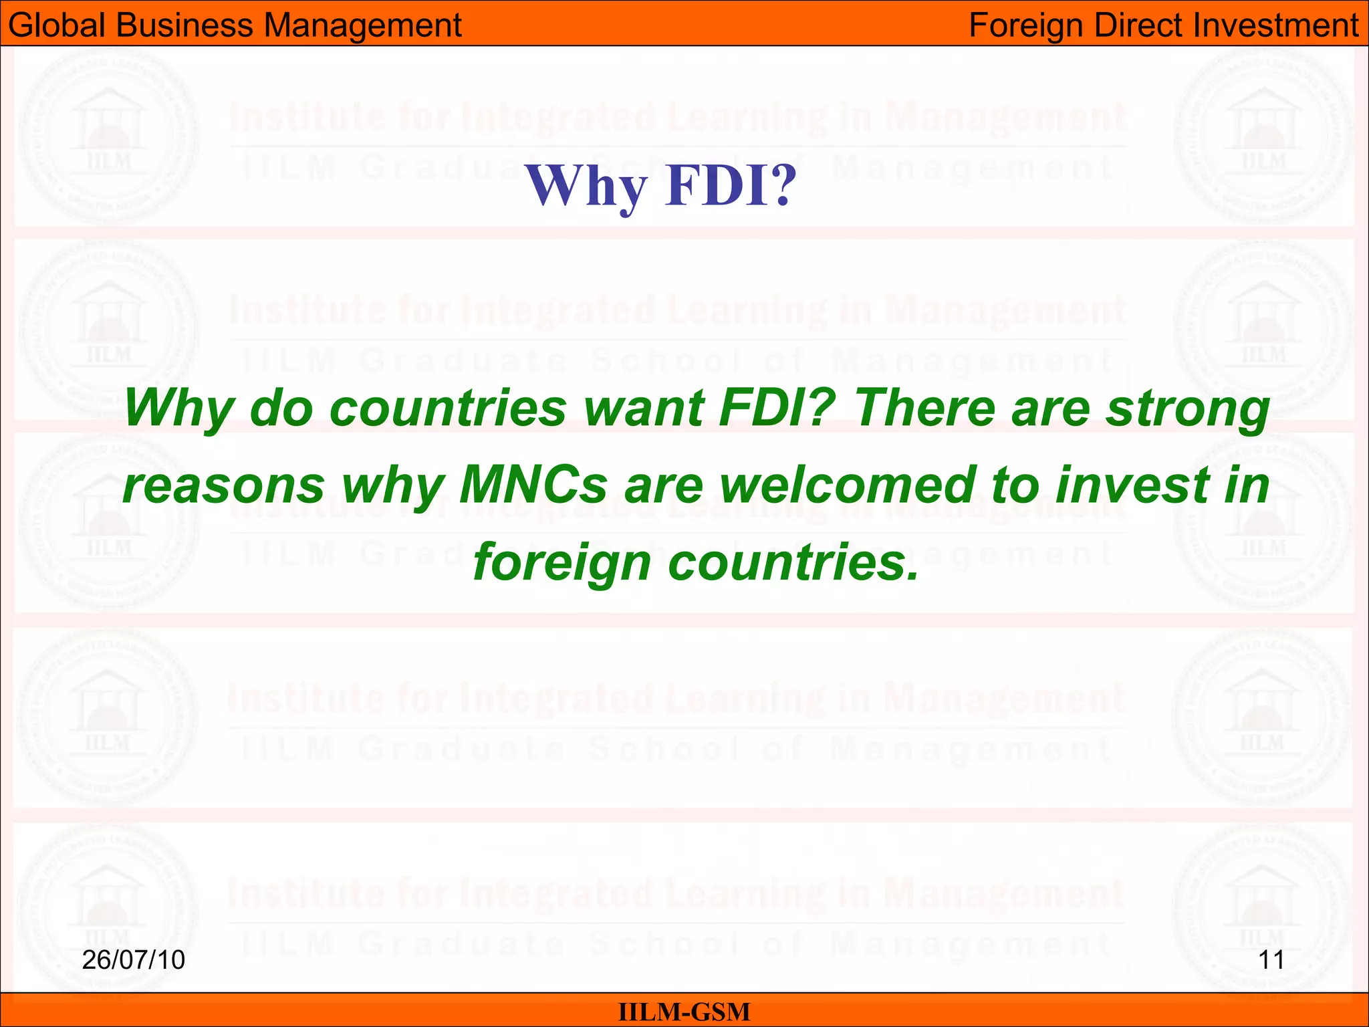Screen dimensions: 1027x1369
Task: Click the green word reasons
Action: pos(223,485)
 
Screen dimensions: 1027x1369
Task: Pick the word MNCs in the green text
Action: pos(533,485)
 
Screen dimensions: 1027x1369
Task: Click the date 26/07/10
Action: pos(134,960)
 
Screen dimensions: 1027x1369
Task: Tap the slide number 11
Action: pos(1271,960)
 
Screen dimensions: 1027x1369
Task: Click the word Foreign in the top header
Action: pos(1026,25)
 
